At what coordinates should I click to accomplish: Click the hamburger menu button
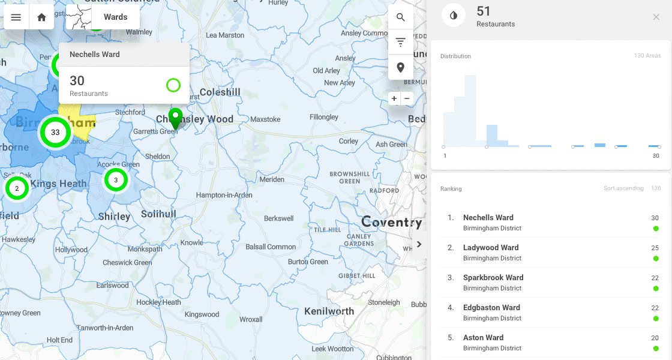16,17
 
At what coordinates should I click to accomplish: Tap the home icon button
41,17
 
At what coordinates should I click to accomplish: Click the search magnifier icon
400,17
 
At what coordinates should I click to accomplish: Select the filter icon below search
400,43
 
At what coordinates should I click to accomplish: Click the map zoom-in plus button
394,98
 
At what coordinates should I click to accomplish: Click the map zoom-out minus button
407,98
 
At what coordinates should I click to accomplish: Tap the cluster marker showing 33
55,132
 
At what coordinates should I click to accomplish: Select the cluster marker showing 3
116,179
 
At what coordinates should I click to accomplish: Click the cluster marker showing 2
17,188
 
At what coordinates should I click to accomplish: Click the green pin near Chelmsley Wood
175,117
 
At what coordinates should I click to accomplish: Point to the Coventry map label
391,223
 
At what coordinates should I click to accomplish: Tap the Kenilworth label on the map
329,311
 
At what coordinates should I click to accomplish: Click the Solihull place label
158,214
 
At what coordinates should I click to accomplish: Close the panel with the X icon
656,17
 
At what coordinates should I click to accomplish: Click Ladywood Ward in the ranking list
491,248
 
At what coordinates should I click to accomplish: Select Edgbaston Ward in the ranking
491,308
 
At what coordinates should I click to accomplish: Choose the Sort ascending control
623,188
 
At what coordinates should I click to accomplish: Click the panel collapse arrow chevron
419,244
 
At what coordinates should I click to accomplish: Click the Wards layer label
115,17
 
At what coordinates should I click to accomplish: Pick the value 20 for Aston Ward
655,338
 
